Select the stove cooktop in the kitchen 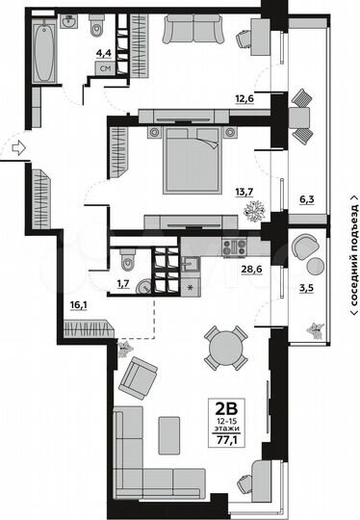(233, 247)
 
